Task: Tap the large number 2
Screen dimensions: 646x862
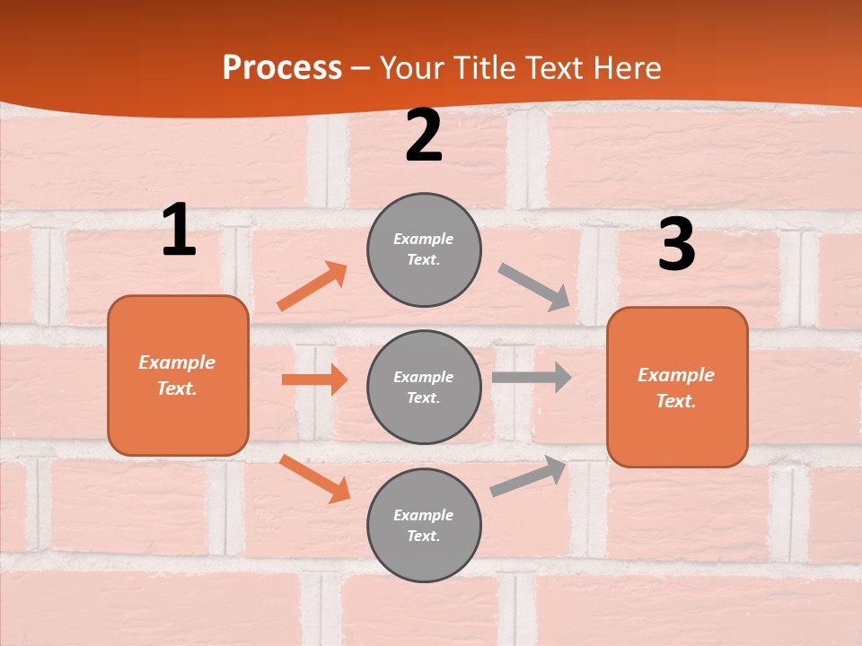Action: point(424,135)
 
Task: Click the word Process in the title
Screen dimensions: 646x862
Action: point(282,67)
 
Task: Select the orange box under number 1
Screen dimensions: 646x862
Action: point(178,375)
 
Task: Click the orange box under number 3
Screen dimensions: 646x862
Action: point(677,387)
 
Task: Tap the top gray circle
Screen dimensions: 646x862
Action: point(424,249)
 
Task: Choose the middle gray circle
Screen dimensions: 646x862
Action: point(424,387)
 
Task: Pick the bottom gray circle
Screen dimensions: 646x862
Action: point(424,525)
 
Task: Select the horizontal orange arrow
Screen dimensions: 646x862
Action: point(314,380)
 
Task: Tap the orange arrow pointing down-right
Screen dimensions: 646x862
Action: point(315,478)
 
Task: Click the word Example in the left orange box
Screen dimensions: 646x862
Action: point(177,362)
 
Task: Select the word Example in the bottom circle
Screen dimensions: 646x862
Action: point(423,515)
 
